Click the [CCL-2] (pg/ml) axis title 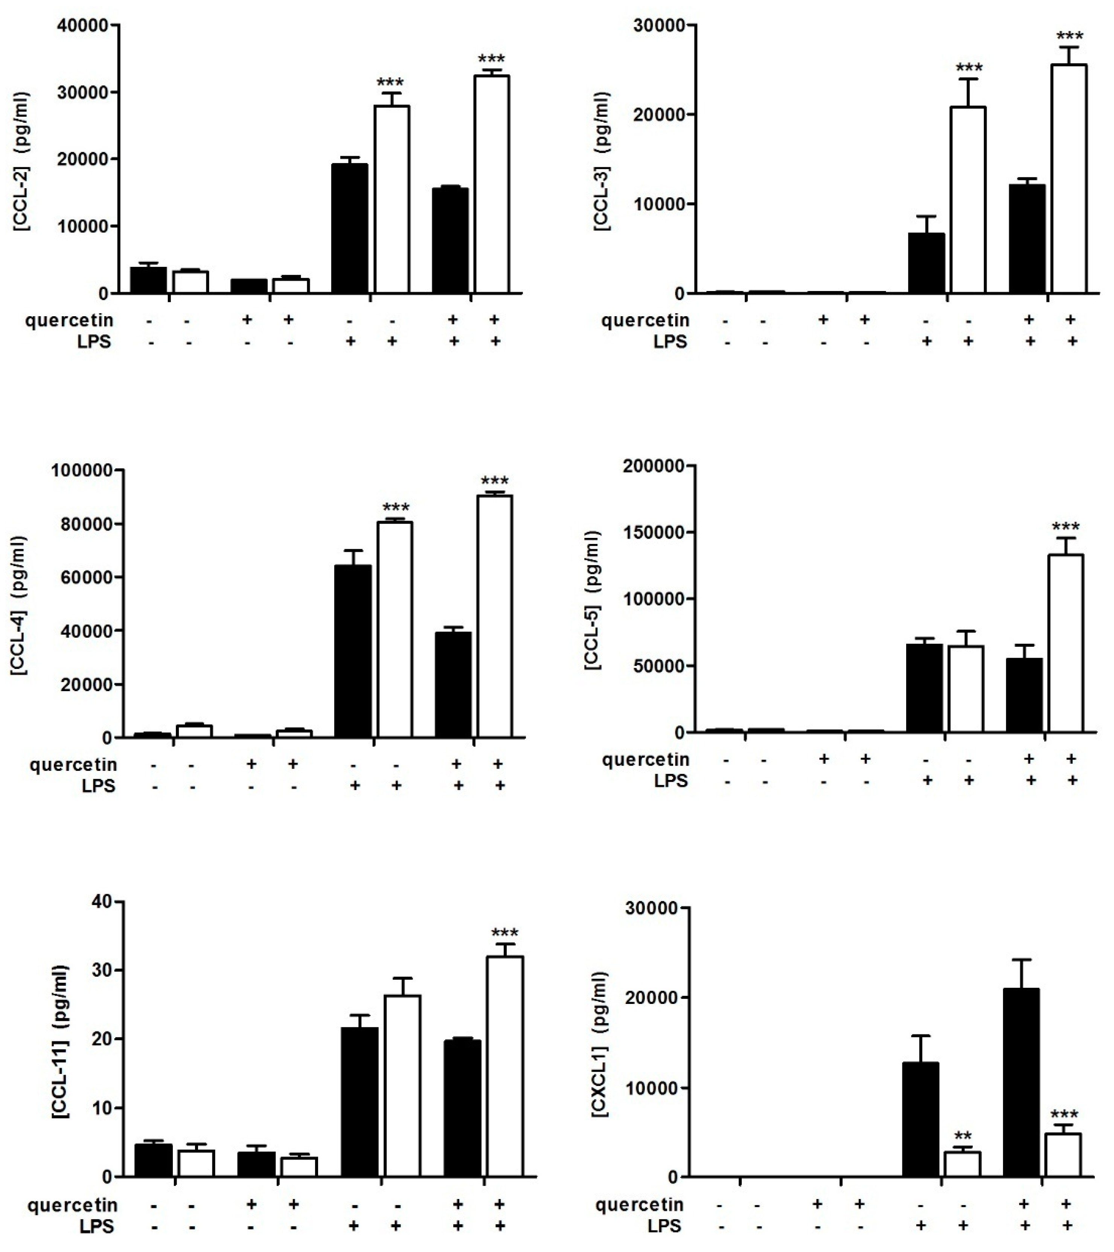point(21,160)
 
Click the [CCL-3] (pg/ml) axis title point(602,160)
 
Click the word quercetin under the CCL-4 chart point(73,765)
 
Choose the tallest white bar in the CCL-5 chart point(1065,643)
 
